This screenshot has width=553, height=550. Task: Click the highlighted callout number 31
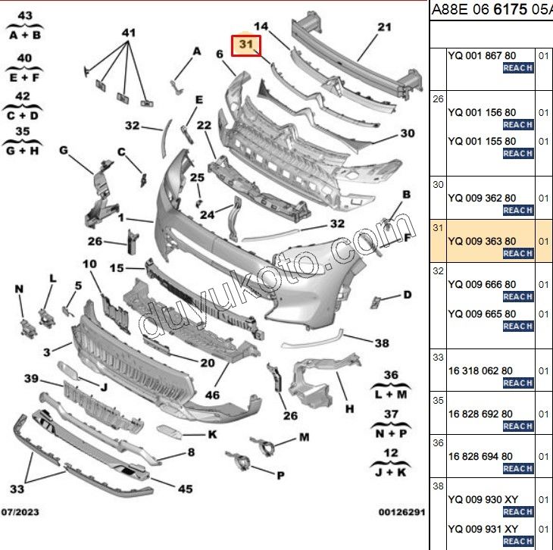tap(245, 45)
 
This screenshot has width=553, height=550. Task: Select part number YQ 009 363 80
tap(482, 241)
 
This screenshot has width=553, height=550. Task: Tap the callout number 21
tap(384, 28)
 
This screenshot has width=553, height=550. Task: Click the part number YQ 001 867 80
tap(482, 55)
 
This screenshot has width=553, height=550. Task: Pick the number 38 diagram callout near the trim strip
tap(381, 342)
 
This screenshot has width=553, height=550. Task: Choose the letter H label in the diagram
tap(349, 409)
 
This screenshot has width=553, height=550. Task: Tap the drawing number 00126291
tap(401, 512)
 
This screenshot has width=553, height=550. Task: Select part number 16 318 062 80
tap(480, 370)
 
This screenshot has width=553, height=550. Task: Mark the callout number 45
tap(185, 489)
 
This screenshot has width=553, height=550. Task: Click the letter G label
tap(64, 151)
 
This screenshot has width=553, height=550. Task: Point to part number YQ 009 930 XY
tap(483, 498)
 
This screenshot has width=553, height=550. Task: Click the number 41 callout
tap(129, 33)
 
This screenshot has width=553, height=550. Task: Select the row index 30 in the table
tap(438, 184)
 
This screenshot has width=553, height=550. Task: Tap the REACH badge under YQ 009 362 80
tap(518, 210)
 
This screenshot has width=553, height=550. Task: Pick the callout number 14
tap(261, 27)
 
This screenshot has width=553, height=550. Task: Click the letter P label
tap(280, 475)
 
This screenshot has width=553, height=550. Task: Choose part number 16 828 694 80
tap(480, 456)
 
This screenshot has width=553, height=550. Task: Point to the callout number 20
tap(208, 363)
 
